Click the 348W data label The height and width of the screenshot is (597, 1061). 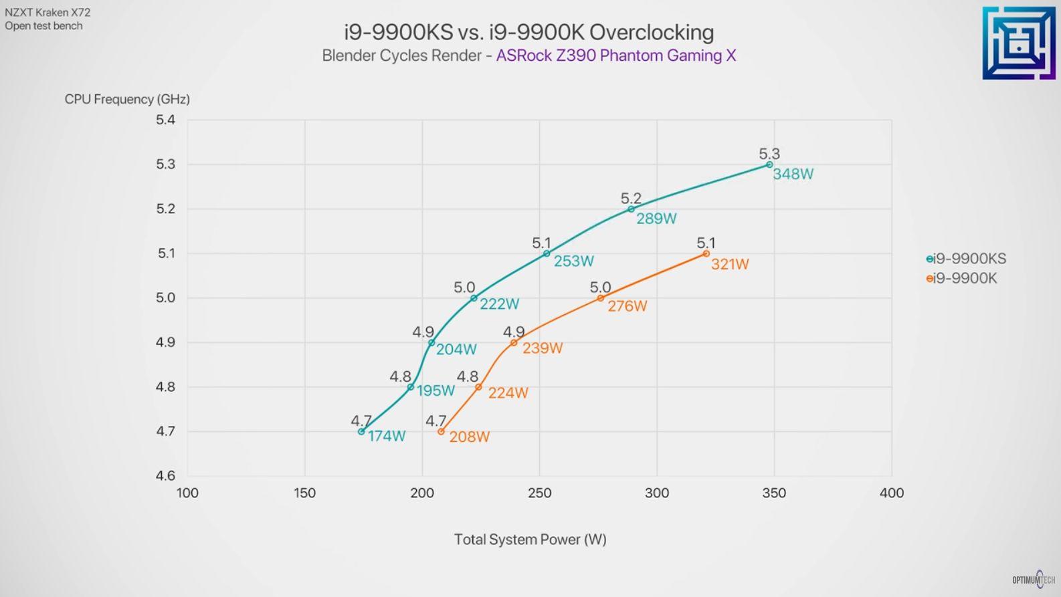tap(793, 174)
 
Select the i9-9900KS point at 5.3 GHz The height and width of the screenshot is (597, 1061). tap(769, 164)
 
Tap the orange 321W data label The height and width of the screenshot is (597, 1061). tap(730, 264)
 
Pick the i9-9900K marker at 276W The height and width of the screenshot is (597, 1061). tap(601, 298)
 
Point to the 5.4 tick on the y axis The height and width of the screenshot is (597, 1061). tap(165, 120)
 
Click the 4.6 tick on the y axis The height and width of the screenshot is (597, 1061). tap(165, 476)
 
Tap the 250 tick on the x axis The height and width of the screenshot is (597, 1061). tap(539, 493)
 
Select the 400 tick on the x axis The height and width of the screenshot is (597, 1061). tap(891, 493)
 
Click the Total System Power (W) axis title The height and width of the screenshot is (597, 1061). tap(530, 540)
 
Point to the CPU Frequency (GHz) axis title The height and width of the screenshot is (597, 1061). tap(127, 100)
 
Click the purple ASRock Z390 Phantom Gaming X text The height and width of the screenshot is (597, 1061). tap(615, 55)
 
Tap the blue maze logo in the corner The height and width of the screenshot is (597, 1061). tap(1018, 43)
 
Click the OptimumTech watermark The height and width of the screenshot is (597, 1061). tap(1034, 580)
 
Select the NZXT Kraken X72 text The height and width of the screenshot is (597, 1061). tap(47, 12)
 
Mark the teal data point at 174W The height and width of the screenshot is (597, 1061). tap(361, 432)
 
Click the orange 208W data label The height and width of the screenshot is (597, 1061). tap(469, 437)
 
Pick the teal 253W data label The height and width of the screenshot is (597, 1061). tap(573, 261)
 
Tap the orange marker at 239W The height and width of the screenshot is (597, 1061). tap(514, 343)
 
